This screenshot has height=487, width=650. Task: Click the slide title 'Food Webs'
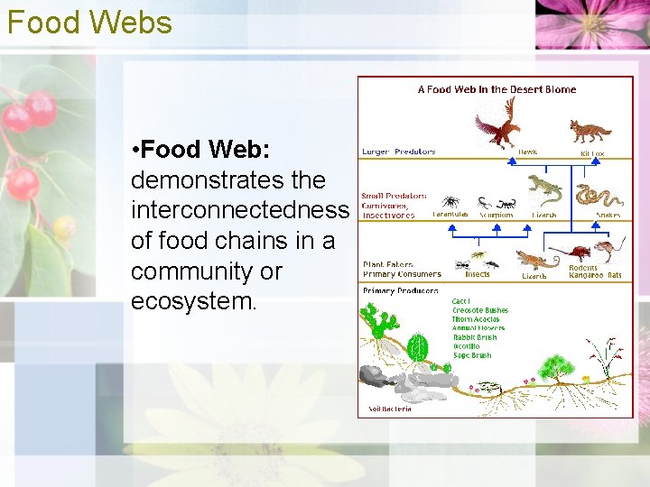pyautogui.click(x=88, y=22)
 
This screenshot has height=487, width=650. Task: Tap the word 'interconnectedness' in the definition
pyautogui.click(x=239, y=209)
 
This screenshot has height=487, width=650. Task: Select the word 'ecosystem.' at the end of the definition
pyautogui.click(x=194, y=301)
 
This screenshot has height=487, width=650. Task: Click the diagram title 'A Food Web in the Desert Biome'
pyautogui.click(x=497, y=89)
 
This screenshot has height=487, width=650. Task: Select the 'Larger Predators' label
pyautogui.click(x=398, y=152)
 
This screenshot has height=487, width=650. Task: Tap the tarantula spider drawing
pyautogui.click(x=450, y=202)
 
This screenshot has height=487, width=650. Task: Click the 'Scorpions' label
pyautogui.click(x=496, y=216)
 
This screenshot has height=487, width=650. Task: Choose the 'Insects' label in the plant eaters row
pyautogui.click(x=477, y=274)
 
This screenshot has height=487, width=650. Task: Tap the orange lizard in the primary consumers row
pyautogui.click(x=536, y=261)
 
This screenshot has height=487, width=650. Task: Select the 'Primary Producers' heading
pyautogui.click(x=400, y=290)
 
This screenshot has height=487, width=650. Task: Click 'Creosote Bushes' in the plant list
pyautogui.click(x=479, y=310)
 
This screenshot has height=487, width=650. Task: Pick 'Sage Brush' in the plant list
pyautogui.click(x=471, y=355)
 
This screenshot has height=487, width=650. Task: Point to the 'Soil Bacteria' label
pyautogui.click(x=390, y=409)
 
